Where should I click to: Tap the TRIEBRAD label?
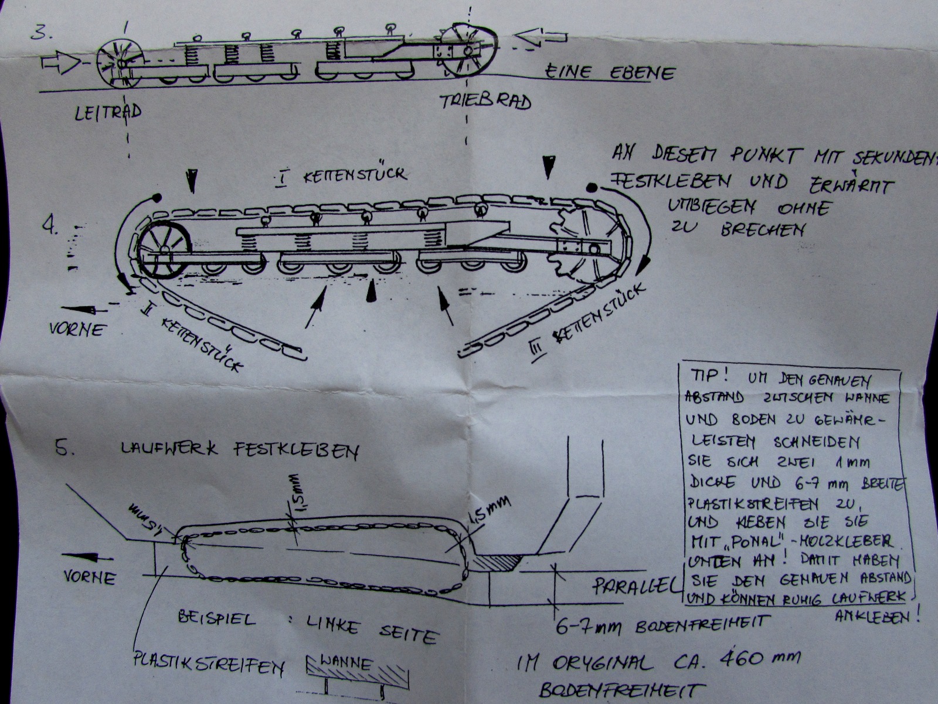click(x=486, y=101)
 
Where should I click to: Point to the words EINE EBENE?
click(x=610, y=72)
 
